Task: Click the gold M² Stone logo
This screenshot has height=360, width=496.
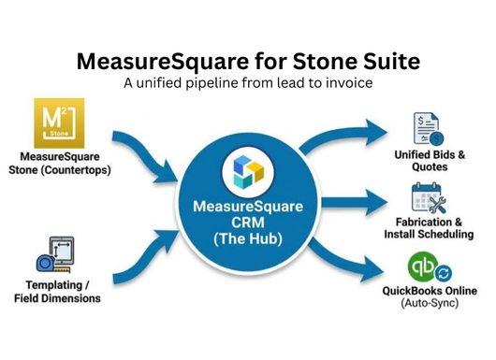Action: coord(59,122)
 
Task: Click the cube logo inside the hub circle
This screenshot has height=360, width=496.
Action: coord(248,172)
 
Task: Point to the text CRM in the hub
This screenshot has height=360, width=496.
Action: coord(248,223)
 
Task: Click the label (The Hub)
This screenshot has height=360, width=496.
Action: coord(248,238)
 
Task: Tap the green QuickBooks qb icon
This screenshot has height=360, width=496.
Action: coord(423,266)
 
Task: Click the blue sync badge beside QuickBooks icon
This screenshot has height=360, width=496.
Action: coord(444,273)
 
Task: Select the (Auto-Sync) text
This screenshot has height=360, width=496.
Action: coord(430,303)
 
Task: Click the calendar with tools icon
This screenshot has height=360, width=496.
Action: coord(429,197)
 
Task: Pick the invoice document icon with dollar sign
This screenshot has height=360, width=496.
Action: coord(429,129)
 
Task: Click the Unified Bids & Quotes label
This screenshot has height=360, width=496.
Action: coord(430,161)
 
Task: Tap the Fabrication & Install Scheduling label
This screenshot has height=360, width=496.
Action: coord(429,228)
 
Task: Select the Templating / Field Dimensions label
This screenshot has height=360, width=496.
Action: coord(57,292)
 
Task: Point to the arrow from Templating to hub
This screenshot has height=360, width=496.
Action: coord(144,258)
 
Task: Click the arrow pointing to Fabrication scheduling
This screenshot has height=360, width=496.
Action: coord(354,202)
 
